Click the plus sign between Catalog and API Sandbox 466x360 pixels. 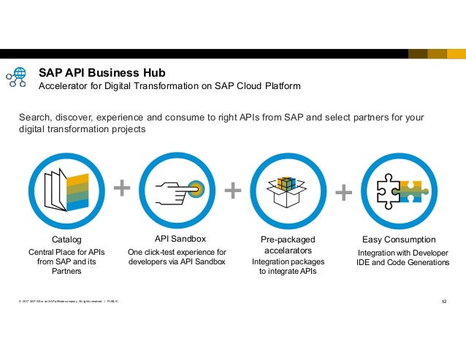[x=123, y=190]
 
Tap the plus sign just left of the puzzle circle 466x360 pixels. [x=343, y=192]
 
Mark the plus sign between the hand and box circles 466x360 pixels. [x=232, y=191]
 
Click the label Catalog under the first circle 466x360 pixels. [x=67, y=240]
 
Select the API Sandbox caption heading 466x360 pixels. [x=180, y=239]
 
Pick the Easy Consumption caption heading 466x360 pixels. [x=399, y=240]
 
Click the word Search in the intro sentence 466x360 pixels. [x=34, y=117]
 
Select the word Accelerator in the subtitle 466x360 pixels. [x=64, y=86]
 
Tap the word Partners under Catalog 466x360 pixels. [x=66, y=272]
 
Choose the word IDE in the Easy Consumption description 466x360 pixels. [x=364, y=262]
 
